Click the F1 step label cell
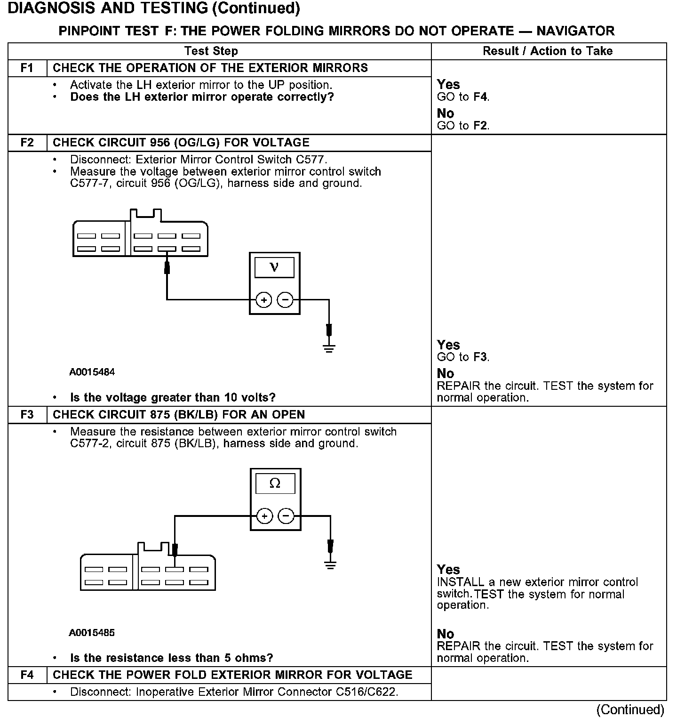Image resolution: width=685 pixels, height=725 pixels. point(27,68)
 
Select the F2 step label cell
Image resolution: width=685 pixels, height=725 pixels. point(27,143)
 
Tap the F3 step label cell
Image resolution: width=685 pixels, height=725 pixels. point(27,415)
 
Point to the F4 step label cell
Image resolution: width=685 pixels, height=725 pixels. point(27,675)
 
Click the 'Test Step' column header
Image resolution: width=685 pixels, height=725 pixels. point(211,51)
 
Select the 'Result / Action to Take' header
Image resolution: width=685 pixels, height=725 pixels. point(548,51)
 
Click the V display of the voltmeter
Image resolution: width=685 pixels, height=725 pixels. point(274,268)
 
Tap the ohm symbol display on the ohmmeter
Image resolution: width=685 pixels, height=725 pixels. point(275,483)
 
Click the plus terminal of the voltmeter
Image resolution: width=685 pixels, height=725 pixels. point(264,300)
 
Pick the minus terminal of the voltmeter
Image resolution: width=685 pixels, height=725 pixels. point(285,300)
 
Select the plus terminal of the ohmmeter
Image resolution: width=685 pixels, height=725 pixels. point(265,516)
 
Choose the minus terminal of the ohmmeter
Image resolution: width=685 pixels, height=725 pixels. point(286,516)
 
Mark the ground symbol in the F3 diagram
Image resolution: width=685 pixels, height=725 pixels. point(330,565)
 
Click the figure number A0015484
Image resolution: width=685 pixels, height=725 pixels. point(92,372)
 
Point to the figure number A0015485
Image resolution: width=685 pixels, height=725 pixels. point(92,633)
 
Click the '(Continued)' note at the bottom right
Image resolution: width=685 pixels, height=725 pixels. point(630,710)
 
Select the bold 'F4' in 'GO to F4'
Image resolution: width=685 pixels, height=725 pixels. point(480,97)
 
